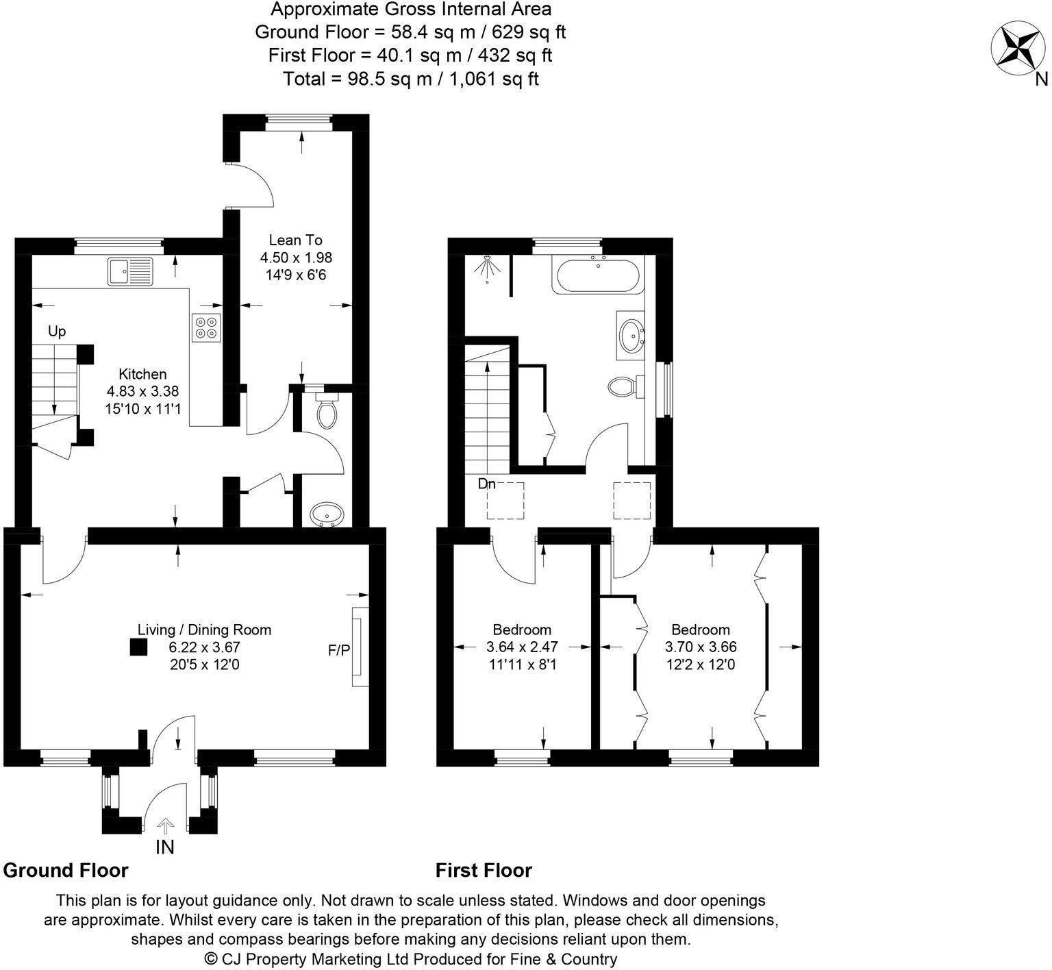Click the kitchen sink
coord(131,271)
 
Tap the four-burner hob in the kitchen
coord(206,327)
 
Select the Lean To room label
coord(295,240)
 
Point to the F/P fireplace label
coord(338,649)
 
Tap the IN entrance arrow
coord(165,825)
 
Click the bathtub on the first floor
coord(598,277)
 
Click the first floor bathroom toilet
coord(623,387)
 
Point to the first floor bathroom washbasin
coord(630,335)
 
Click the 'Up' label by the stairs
coord(57,332)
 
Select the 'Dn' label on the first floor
coord(486,484)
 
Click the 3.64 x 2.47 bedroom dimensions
coord(522,647)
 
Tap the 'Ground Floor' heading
coord(66,870)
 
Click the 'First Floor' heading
coord(484,870)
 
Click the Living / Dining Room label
coord(204,630)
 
